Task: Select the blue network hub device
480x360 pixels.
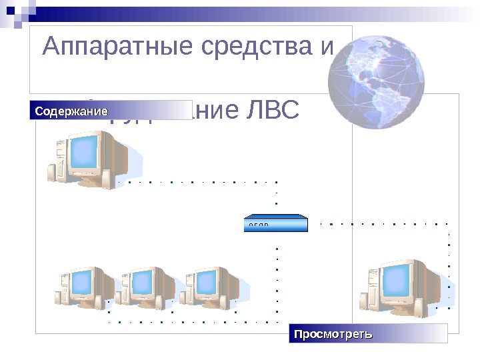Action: click(276, 223)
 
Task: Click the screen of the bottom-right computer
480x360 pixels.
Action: click(398, 283)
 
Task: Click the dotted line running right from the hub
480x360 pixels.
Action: click(383, 223)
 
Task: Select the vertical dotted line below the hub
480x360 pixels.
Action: click(276, 280)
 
